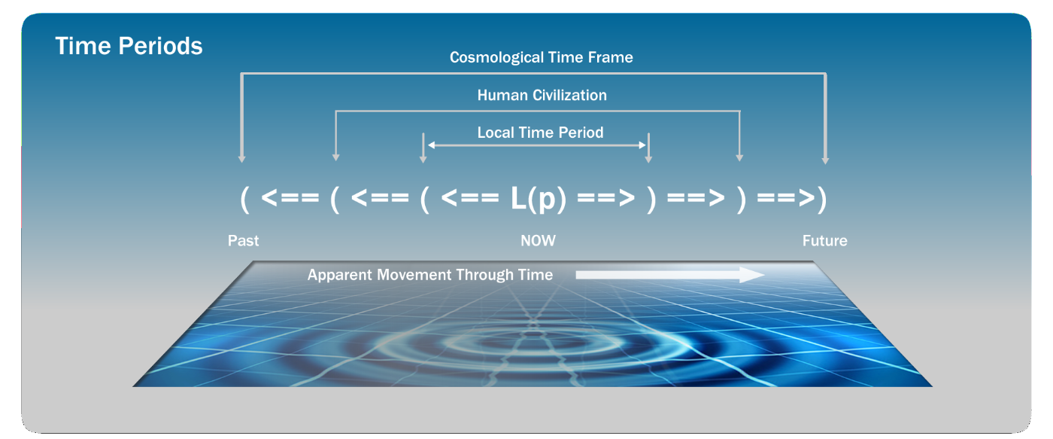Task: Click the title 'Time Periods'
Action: (129, 46)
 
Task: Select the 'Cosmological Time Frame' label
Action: (541, 57)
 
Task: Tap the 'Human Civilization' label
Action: (542, 95)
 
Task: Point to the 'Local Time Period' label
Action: (540, 133)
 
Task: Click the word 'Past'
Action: (243, 240)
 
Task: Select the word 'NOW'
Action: (538, 240)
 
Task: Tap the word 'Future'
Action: (824, 240)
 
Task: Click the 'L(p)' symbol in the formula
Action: (539, 198)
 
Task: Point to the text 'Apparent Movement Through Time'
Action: (429, 275)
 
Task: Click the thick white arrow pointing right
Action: (670, 275)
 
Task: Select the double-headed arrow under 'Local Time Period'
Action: (536, 145)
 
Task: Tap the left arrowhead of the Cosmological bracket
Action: (241, 159)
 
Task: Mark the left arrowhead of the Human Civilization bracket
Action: (335, 157)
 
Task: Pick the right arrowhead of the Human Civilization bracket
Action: (739, 157)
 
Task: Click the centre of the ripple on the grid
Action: (533, 334)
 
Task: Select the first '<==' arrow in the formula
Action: (290, 197)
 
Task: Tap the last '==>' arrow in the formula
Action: (786, 197)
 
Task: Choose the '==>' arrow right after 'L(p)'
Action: (606, 197)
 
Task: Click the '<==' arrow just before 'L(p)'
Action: (469, 197)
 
